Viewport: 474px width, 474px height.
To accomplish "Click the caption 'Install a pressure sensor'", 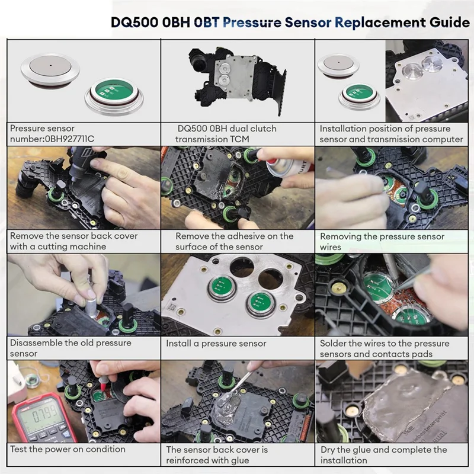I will coord(216,344).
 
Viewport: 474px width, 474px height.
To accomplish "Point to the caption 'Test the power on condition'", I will coord(68,449).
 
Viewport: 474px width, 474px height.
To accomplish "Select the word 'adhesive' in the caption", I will coord(246,236).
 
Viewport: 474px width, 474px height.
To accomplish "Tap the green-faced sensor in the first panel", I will coord(114,95).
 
